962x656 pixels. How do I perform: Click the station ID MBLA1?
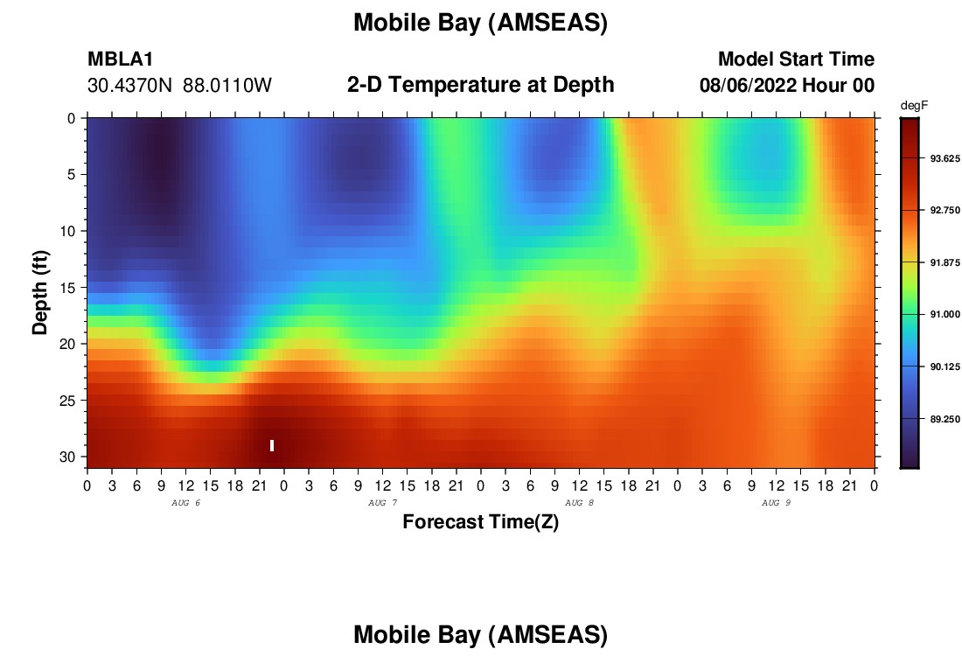click(121, 59)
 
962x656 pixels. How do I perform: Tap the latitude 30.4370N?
click(129, 86)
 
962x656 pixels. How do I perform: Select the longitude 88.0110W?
click(227, 86)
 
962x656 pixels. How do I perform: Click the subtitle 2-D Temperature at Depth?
click(480, 85)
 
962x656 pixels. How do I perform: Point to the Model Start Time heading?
click(797, 59)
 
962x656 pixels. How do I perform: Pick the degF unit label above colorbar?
click(914, 106)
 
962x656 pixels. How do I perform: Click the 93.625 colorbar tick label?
click(945, 158)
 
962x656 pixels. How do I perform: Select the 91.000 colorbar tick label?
click(945, 314)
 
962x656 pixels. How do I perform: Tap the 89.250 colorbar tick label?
click(945, 418)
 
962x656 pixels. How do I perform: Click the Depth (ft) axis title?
click(40, 293)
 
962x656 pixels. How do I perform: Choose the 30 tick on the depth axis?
click(67, 457)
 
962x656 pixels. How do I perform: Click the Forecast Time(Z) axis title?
click(480, 521)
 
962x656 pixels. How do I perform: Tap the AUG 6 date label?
click(186, 503)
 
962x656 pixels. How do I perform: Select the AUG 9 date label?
click(776, 503)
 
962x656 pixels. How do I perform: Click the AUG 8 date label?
click(579, 503)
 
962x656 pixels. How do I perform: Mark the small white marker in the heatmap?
click(272, 445)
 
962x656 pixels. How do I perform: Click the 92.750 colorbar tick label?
click(945, 210)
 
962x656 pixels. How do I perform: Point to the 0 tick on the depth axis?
click(72, 118)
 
